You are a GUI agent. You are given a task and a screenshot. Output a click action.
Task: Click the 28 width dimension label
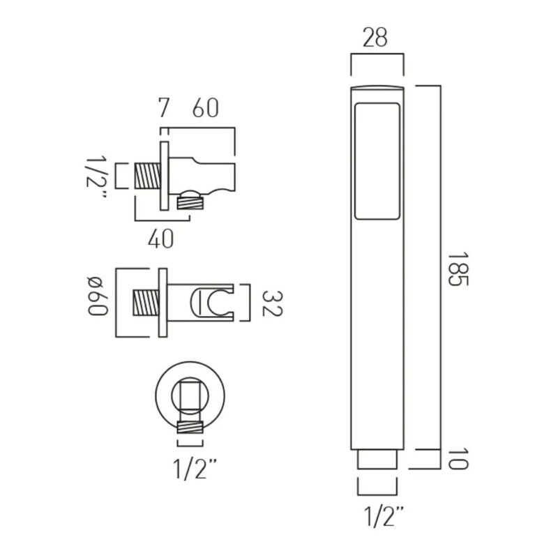tap(375, 38)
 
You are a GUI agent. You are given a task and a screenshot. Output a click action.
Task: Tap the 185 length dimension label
tap(458, 269)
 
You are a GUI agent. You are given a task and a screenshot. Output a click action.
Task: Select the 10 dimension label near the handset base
tap(458, 459)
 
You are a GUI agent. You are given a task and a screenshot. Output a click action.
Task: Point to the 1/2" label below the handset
tap(384, 517)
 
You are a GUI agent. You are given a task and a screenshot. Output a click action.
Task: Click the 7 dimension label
tap(164, 108)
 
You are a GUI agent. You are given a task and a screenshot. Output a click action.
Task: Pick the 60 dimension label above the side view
tap(205, 108)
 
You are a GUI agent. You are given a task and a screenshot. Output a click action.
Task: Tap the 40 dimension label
tap(161, 239)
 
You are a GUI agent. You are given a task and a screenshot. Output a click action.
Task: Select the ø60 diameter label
tap(98, 296)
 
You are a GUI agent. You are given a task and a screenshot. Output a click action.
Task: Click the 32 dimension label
tap(272, 303)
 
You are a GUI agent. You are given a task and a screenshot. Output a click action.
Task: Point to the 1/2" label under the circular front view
tap(195, 469)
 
